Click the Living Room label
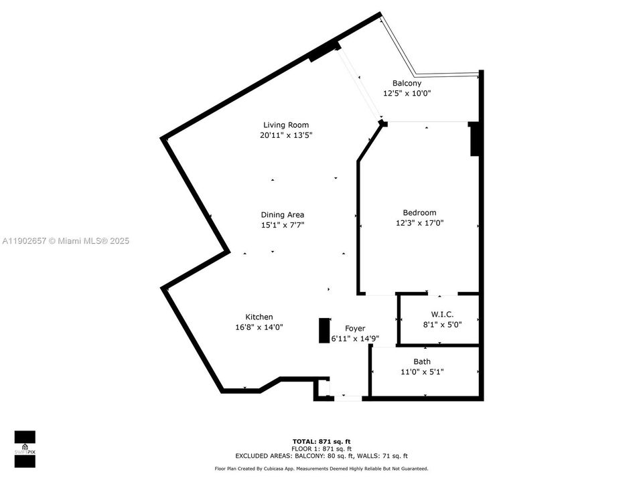click(286, 125)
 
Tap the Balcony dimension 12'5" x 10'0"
click(407, 94)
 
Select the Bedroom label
click(419, 213)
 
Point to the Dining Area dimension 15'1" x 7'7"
click(283, 226)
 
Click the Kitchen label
click(259, 317)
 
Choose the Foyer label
click(355, 328)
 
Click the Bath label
click(422, 361)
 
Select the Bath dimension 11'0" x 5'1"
click(422, 372)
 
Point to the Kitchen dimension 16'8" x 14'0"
click(259, 327)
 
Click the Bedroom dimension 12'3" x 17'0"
click(419, 224)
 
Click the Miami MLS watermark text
click(66, 241)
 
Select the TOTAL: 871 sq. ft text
click(321, 441)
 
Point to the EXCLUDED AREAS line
click(321, 455)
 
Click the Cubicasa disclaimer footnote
click(321, 469)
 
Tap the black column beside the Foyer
click(324, 331)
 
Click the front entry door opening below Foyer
click(346, 398)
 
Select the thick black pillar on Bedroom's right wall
click(474, 139)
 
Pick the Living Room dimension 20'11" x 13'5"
click(286, 135)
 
